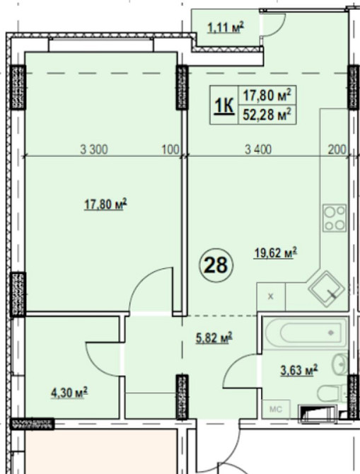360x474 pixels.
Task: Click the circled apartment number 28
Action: (216, 265)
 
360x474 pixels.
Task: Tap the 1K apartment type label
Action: (224, 106)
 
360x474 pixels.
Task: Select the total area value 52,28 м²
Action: (267, 115)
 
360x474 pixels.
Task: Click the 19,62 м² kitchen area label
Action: (275, 253)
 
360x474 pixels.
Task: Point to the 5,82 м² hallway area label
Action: (214, 337)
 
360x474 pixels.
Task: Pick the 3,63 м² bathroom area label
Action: (299, 370)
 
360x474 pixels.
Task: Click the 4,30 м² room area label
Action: (69, 393)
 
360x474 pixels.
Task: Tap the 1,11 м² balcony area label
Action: (226, 28)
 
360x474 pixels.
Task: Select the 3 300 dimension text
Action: (93, 149)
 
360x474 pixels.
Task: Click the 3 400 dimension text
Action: (258, 149)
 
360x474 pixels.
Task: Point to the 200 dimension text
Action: (337, 149)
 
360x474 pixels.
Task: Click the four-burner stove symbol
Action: (335, 218)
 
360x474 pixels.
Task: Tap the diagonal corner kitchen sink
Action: (327, 289)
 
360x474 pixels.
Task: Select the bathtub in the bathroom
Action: (306, 333)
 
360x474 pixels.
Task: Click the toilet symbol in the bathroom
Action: (332, 393)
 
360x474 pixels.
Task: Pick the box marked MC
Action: (276, 410)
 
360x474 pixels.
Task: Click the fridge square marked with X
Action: (271, 296)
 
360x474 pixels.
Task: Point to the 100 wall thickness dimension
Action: (170, 149)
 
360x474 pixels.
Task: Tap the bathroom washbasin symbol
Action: (340, 365)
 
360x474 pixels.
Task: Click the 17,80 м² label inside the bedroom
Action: (105, 204)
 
